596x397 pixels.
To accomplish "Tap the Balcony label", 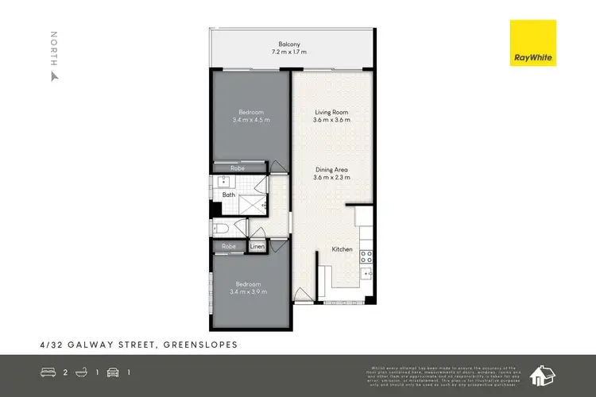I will click(x=288, y=44).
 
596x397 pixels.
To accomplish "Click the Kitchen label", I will click(x=343, y=249).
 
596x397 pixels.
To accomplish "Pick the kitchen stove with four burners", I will click(x=367, y=256).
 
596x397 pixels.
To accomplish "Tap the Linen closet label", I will click(x=257, y=247).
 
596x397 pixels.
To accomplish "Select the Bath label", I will click(x=229, y=195).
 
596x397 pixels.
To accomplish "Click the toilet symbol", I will click(x=221, y=229).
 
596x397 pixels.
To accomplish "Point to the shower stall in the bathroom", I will click(x=254, y=202).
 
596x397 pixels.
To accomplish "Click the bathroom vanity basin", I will click(x=223, y=182).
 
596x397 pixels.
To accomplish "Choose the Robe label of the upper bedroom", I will click(x=237, y=168).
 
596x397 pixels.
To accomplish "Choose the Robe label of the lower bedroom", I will click(x=229, y=247).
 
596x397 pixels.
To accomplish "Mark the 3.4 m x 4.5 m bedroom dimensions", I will click(x=251, y=120).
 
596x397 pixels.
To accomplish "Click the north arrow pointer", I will click(x=54, y=77).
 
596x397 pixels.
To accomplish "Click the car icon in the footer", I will click(x=113, y=372).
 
